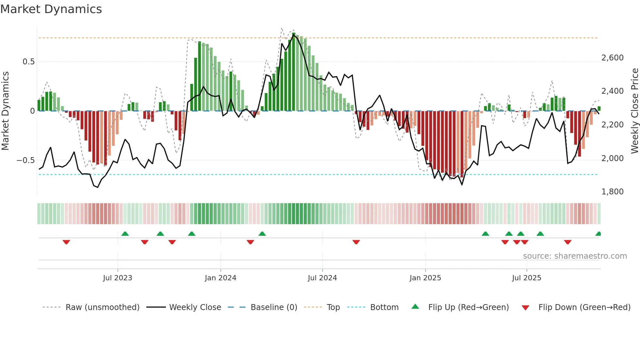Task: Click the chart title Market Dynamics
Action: click(51, 9)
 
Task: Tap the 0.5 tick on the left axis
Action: click(28, 62)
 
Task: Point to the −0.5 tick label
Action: click(26, 160)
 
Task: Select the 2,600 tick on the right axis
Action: click(612, 58)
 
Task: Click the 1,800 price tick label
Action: click(612, 192)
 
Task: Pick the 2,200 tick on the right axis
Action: click(612, 125)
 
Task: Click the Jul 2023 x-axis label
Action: click(118, 278)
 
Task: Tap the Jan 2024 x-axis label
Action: click(220, 278)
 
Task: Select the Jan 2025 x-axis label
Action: click(425, 278)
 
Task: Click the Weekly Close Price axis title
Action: click(634, 111)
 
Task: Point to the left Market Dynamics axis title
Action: click(5, 111)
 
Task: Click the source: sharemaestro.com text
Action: click(575, 256)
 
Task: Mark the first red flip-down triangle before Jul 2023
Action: click(66, 242)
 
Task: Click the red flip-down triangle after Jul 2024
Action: click(356, 242)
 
